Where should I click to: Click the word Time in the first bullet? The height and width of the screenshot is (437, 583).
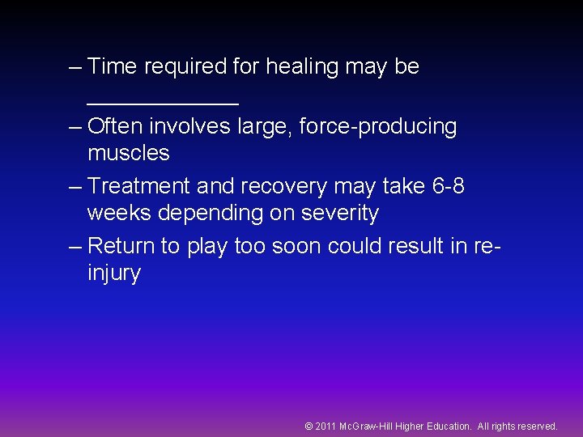click(x=112, y=66)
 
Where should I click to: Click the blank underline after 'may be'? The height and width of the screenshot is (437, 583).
click(x=163, y=103)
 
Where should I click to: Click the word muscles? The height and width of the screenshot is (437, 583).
click(x=128, y=153)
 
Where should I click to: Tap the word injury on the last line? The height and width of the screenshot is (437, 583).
click(x=114, y=274)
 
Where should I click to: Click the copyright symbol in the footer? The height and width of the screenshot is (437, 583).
click(x=309, y=426)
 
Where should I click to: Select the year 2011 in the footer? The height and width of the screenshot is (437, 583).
click(x=326, y=426)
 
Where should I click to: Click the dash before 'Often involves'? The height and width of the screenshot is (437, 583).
click(x=75, y=127)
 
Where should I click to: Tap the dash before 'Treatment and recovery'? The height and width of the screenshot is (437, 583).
click(x=75, y=186)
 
